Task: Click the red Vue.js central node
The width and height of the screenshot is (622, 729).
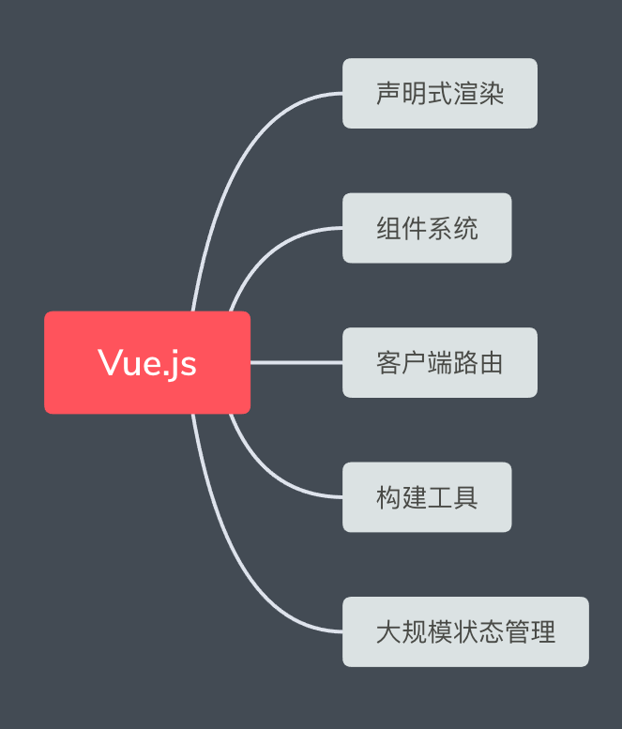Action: pos(147,362)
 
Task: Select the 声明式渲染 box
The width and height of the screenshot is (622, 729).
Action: pos(440,93)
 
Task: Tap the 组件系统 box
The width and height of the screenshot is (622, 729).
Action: pos(427,228)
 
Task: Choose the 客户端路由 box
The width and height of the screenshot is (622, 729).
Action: pos(440,362)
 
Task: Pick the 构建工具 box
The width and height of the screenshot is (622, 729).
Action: pos(427,497)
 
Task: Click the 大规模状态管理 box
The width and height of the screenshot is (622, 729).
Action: pos(465,631)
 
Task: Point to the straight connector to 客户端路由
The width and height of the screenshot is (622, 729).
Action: pos(296,362)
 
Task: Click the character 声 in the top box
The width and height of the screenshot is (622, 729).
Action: pos(388,94)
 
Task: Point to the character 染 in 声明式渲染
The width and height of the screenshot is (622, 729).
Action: pos(492,94)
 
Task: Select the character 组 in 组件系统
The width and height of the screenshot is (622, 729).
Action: pos(388,228)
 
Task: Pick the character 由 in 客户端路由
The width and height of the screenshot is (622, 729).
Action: pos(492,363)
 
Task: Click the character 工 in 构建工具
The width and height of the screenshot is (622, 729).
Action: pos(440,497)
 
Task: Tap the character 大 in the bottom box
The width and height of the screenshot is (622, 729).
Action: pos(388,631)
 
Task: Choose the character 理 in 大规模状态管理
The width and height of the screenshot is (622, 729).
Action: pos(543,631)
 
